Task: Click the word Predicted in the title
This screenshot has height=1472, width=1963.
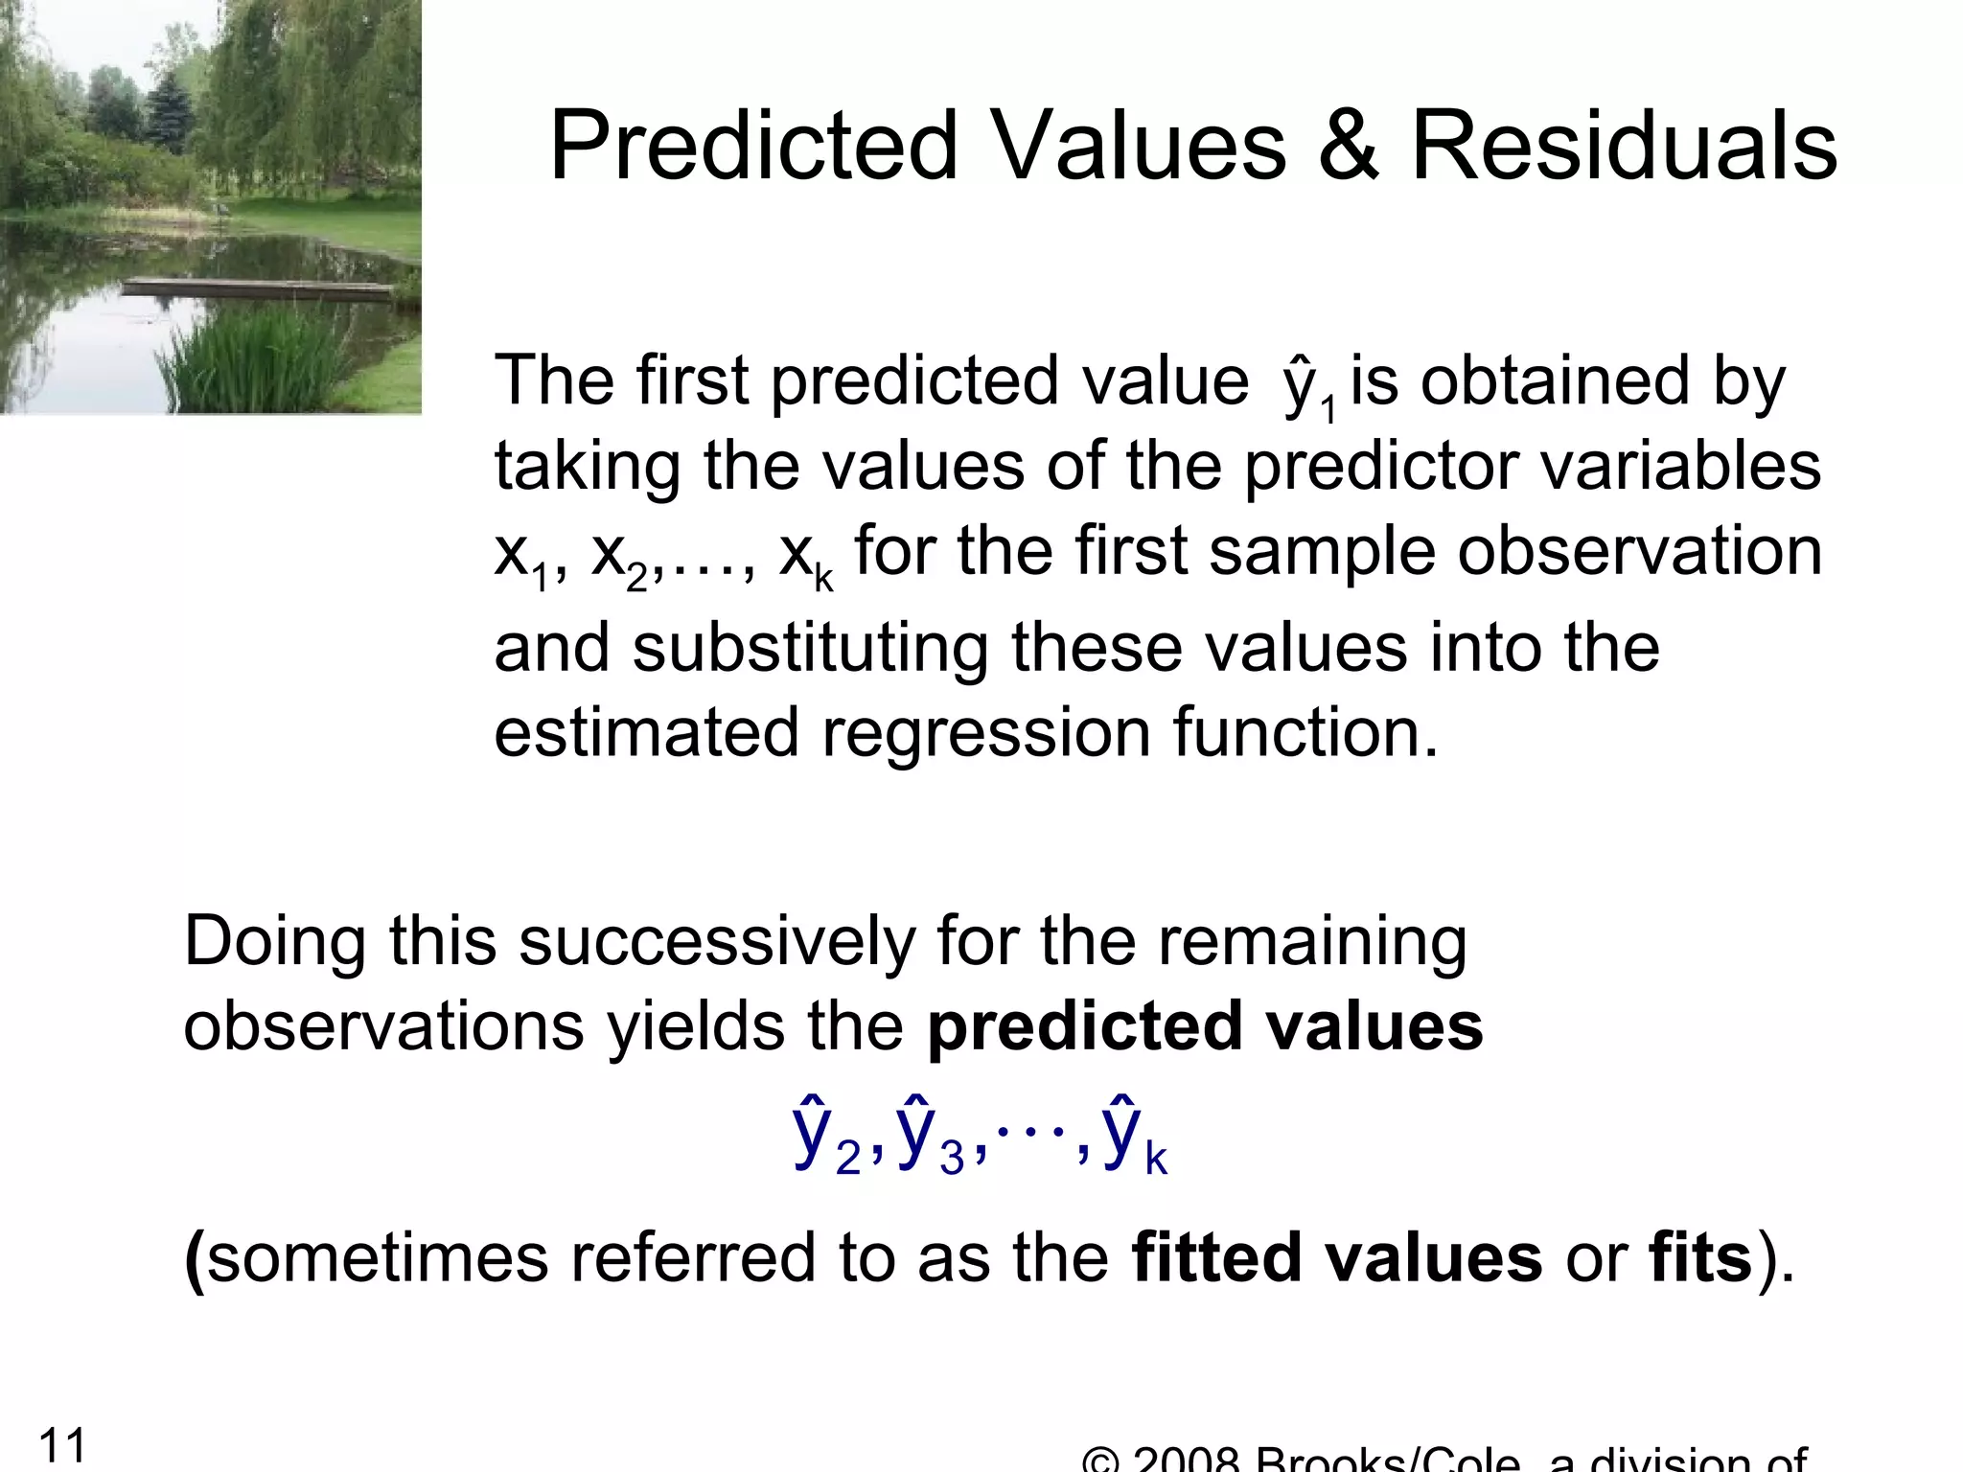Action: [x=753, y=146]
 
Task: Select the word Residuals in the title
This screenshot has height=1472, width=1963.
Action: [x=1625, y=146]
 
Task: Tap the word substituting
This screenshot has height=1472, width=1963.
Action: [x=810, y=649]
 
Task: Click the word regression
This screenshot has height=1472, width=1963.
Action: [x=986, y=733]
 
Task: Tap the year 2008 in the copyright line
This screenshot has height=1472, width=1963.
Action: [x=1188, y=1461]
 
